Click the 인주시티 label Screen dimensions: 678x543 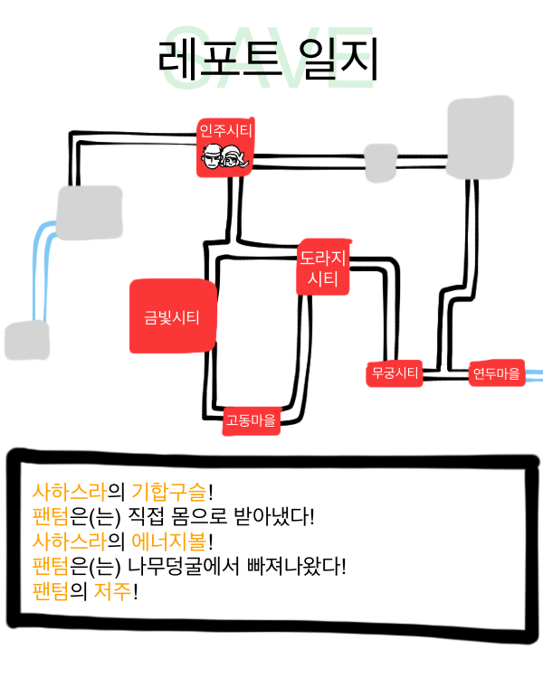(x=226, y=131)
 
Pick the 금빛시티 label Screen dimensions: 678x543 (x=172, y=317)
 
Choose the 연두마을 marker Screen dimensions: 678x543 (x=497, y=372)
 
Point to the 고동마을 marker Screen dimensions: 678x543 (x=252, y=419)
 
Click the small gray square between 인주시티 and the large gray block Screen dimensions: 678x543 (x=380, y=160)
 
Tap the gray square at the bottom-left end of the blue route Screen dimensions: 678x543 (x=26, y=341)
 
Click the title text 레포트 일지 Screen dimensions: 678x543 (x=267, y=60)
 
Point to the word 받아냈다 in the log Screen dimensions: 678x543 (x=273, y=518)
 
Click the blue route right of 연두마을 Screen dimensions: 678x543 (x=535, y=372)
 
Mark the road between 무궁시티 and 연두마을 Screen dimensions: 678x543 (x=445, y=376)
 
